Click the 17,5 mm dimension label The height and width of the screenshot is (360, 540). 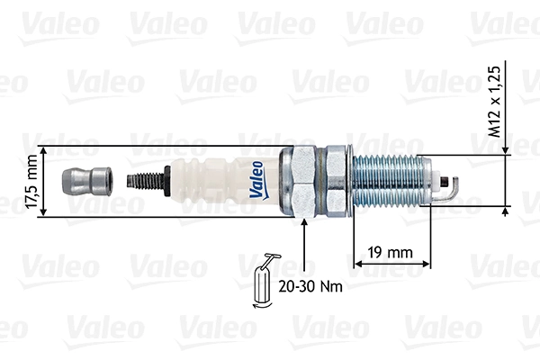(32, 182)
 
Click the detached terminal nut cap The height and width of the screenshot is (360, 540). (83, 181)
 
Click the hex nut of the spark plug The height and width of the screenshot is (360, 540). (311, 181)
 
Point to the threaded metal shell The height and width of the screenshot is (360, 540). (387, 180)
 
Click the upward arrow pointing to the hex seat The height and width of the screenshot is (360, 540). (306, 226)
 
